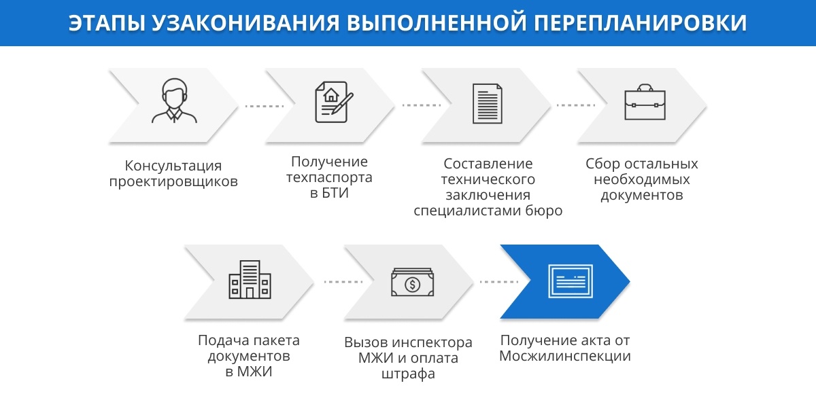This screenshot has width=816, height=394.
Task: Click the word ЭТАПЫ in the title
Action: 105,22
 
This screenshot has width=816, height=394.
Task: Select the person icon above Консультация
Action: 175,101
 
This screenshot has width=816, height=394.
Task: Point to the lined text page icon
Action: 487,104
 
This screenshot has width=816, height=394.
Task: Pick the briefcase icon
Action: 645,102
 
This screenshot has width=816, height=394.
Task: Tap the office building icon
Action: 250,279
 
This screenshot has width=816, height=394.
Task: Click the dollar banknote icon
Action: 412,283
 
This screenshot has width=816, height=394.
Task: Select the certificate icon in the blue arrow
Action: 571,282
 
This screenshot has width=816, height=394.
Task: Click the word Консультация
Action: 173,166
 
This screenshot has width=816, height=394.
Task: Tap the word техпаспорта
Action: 329,177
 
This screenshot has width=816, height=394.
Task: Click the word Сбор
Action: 602,163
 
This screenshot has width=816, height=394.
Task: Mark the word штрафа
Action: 408,374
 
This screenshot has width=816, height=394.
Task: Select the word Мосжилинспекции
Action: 565,356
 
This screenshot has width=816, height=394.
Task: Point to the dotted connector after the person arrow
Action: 265,106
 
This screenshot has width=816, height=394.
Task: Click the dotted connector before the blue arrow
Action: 499,282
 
